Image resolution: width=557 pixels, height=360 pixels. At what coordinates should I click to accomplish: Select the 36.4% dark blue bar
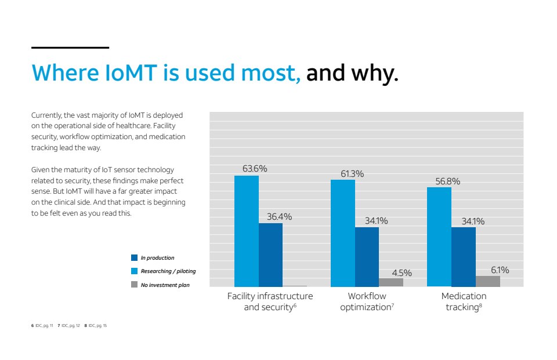point(270,254)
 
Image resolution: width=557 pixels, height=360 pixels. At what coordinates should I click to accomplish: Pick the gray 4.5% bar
point(391,282)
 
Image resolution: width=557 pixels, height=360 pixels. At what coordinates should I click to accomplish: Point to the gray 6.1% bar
point(488,281)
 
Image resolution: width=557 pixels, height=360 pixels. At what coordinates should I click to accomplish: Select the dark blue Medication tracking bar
point(464,256)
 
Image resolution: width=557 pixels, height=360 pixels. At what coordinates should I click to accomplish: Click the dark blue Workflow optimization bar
point(367,256)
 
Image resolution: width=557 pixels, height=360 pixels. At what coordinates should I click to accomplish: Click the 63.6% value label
point(255,169)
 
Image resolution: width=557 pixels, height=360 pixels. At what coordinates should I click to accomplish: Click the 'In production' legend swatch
point(134,258)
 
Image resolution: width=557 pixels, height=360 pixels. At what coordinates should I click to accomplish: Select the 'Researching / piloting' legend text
point(168,271)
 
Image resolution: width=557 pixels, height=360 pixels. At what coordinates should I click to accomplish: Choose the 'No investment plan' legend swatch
point(134,285)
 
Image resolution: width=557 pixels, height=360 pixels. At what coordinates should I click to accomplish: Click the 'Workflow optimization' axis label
point(367,301)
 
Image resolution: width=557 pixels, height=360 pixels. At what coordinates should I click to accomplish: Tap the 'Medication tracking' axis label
point(464,301)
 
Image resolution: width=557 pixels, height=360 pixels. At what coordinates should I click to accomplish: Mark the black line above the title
point(70,48)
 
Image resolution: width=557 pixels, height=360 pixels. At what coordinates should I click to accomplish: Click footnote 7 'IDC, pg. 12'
point(68,326)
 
